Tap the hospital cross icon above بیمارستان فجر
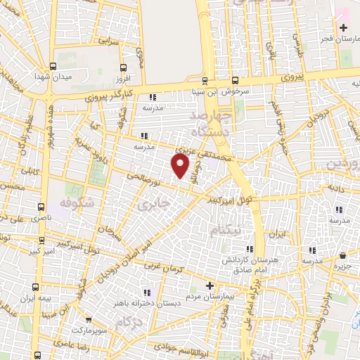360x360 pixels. pyautogui.click(x=343, y=28)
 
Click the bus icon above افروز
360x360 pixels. pyautogui.click(x=124, y=68)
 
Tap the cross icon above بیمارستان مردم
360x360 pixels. pyautogui.click(x=210, y=285)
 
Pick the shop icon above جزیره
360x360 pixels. pyautogui.click(x=342, y=256)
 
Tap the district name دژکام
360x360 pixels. pyautogui.click(x=134, y=323)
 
